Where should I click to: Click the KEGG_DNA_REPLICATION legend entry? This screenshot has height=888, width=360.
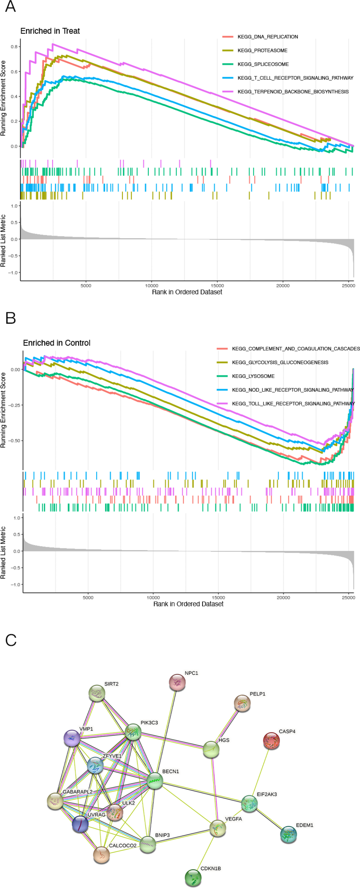pyautogui.click(x=268, y=37)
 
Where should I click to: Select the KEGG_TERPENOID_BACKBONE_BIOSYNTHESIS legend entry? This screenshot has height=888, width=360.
pyautogui.click(x=293, y=92)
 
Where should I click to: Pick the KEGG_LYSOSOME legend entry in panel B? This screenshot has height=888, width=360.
pyautogui.click(x=253, y=376)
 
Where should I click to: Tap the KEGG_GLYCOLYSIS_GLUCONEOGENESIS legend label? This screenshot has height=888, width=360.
pyautogui.click(x=280, y=362)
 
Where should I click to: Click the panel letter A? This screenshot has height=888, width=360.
pyautogui.click(x=11, y=6)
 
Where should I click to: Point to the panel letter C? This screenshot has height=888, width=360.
pyautogui.click(x=11, y=640)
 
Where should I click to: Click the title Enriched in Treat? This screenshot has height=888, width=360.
pyautogui.click(x=50, y=31)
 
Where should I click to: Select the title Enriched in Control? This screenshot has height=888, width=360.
pyautogui.click(x=57, y=343)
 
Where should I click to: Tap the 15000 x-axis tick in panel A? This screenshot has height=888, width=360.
pyautogui.click(x=217, y=286)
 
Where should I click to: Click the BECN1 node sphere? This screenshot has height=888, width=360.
pyautogui.click(x=154, y=781)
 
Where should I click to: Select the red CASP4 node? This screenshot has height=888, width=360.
pyautogui.click(x=271, y=741)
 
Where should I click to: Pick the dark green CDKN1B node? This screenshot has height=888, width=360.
pyautogui.click(x=193, y=877)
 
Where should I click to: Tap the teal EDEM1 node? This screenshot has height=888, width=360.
pyautogui.click(x=288, y=834)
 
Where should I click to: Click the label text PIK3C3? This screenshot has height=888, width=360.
pyautogui.click(x=149, y=723)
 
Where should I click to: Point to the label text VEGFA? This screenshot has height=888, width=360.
pyautogui.click(x=233, y=819)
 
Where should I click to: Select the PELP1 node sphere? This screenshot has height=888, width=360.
pyautogui.click(x=242, y=703)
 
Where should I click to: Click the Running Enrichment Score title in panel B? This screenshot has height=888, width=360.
pyautogui.click(x=3, y=410)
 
